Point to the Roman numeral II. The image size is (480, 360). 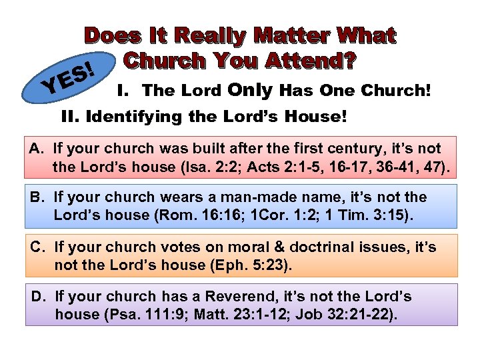point(69,117)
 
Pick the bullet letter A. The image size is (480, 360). point(37,149)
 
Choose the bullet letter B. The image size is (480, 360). point(37,198)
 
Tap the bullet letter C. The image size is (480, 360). point(37,247)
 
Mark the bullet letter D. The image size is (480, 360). point(37,297)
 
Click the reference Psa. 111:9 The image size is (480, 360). point(167,314)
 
